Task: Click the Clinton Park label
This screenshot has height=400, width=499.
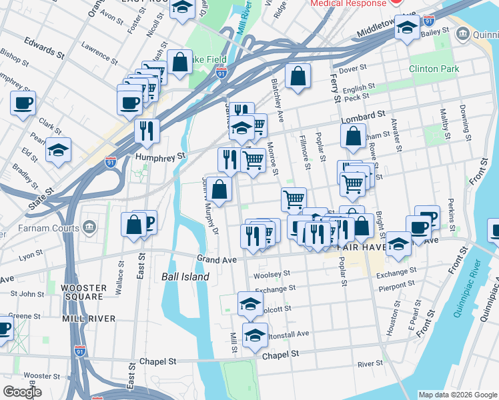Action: click(x=434, y=69)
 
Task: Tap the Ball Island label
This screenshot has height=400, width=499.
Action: click(x=185, y=277)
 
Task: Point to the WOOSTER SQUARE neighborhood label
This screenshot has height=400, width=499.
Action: click(x=83, y=292)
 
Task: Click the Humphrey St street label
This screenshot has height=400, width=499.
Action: click(x=159, y=157)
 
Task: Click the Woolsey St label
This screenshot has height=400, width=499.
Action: click(x=272, y=273)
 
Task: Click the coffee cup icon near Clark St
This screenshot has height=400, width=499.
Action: click(x=23, y=103)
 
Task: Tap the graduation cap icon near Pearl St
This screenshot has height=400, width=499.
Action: click(x=59, y=149)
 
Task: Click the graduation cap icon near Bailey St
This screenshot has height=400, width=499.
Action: click(x=407, y=27)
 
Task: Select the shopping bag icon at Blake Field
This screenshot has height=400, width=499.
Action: click(x=179, y=62)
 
